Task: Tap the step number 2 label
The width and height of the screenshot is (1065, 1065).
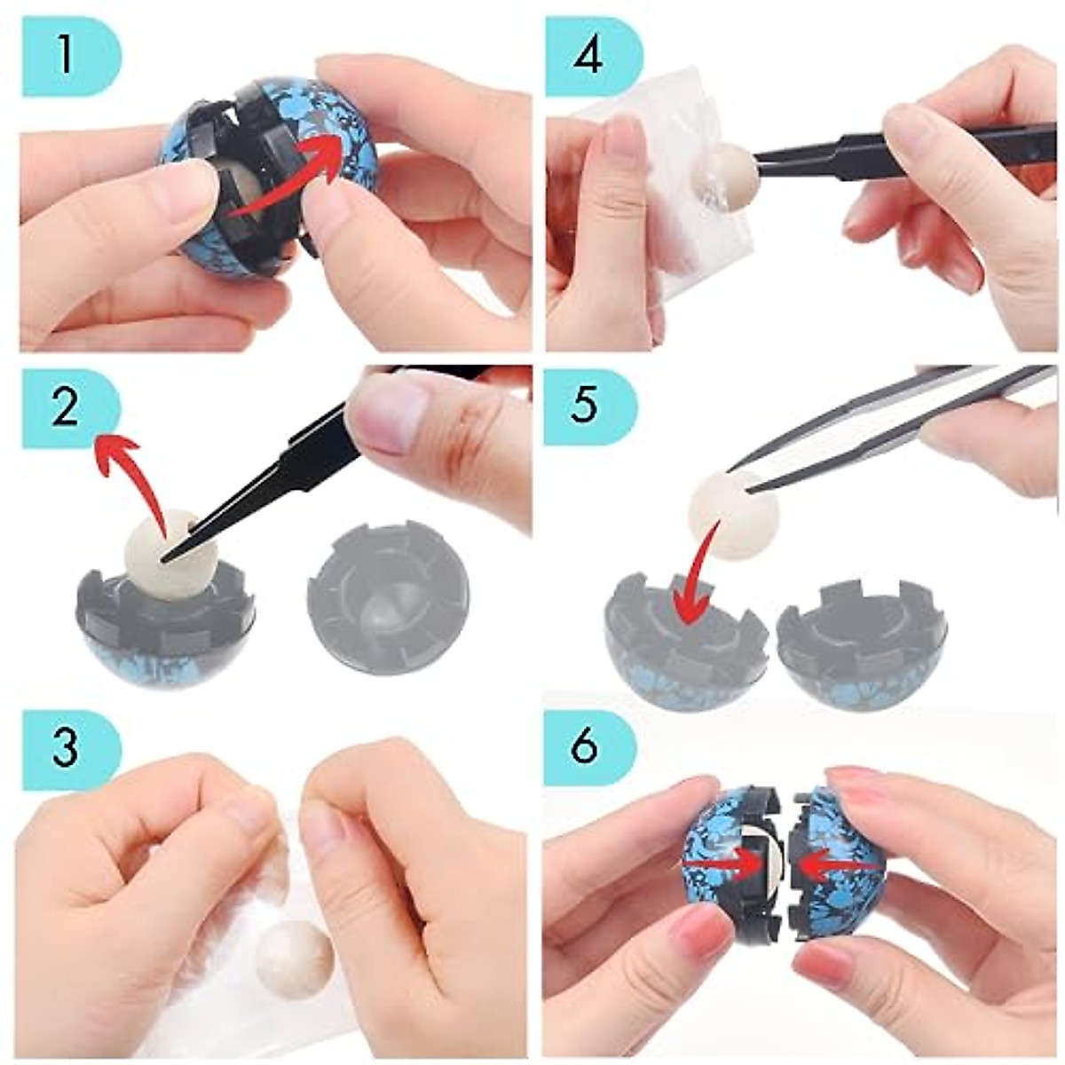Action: (x=67, y=410)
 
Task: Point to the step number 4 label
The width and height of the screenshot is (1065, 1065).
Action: (x=588, y=55)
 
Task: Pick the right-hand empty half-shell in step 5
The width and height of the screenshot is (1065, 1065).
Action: (x=856, y=643)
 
